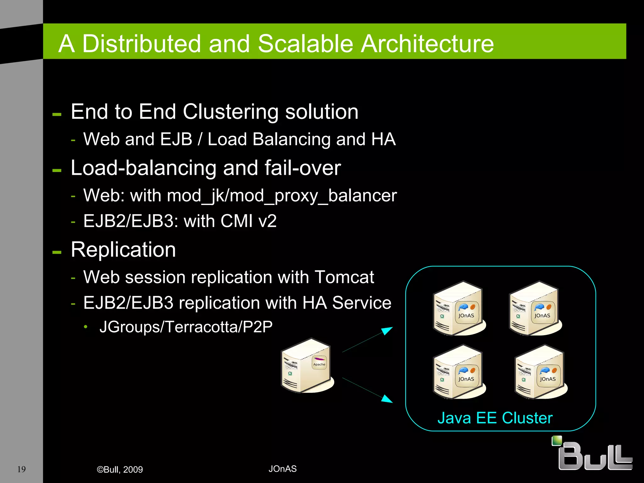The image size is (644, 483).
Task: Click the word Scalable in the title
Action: coord(306,43)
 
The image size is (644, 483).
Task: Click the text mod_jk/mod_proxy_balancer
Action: coord(282,196)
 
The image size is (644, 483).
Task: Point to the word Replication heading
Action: coord(123,250)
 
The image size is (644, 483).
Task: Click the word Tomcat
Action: coord(344,277)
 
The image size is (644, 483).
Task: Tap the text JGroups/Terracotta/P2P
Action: coord(186,327)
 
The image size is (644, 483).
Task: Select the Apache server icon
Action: coord(307,365)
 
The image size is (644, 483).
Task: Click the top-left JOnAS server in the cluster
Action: coord(459,309)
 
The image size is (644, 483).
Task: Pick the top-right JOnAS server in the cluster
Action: coord(535,309)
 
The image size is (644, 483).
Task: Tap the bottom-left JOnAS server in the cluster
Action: coord(459,372)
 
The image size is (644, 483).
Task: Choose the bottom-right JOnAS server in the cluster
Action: coord(541,372)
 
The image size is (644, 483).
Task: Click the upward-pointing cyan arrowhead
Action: coord(387,330)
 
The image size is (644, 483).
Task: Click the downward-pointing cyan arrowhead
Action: coord(387,399)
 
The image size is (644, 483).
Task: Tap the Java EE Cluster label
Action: coord(495,418)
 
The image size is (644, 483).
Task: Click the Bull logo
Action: coord(593,454)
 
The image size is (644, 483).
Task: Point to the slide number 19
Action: coord(21,469)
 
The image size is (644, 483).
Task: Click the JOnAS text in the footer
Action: coord(282,469)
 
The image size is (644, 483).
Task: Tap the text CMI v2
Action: coord(248,221)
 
